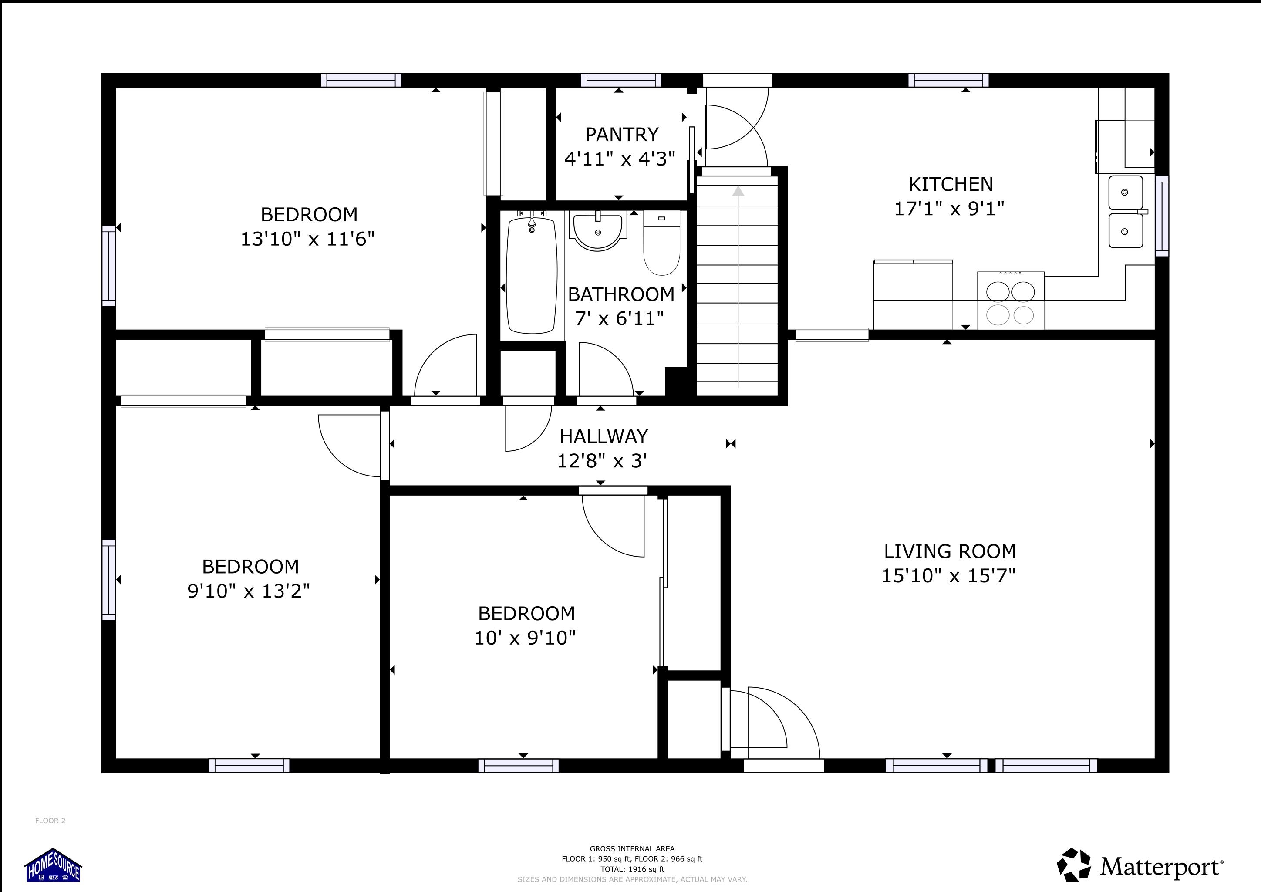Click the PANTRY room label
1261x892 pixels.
pos(622,135)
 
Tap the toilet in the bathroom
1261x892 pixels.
pos(662,244)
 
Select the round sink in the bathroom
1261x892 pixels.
pos(597,231)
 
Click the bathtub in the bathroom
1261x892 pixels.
pos(532,275)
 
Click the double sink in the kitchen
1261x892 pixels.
pos(1125,212)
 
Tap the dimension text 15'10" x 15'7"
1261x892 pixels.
pos(948,576)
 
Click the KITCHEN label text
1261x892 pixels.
pos(951,184)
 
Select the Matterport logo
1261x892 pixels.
pos(1139,867)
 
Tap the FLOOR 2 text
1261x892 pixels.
pos(50,821)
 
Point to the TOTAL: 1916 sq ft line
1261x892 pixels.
pos(632,869)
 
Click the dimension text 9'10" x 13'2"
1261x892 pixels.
pos(248,591)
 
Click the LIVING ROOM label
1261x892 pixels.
pos(950,551)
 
